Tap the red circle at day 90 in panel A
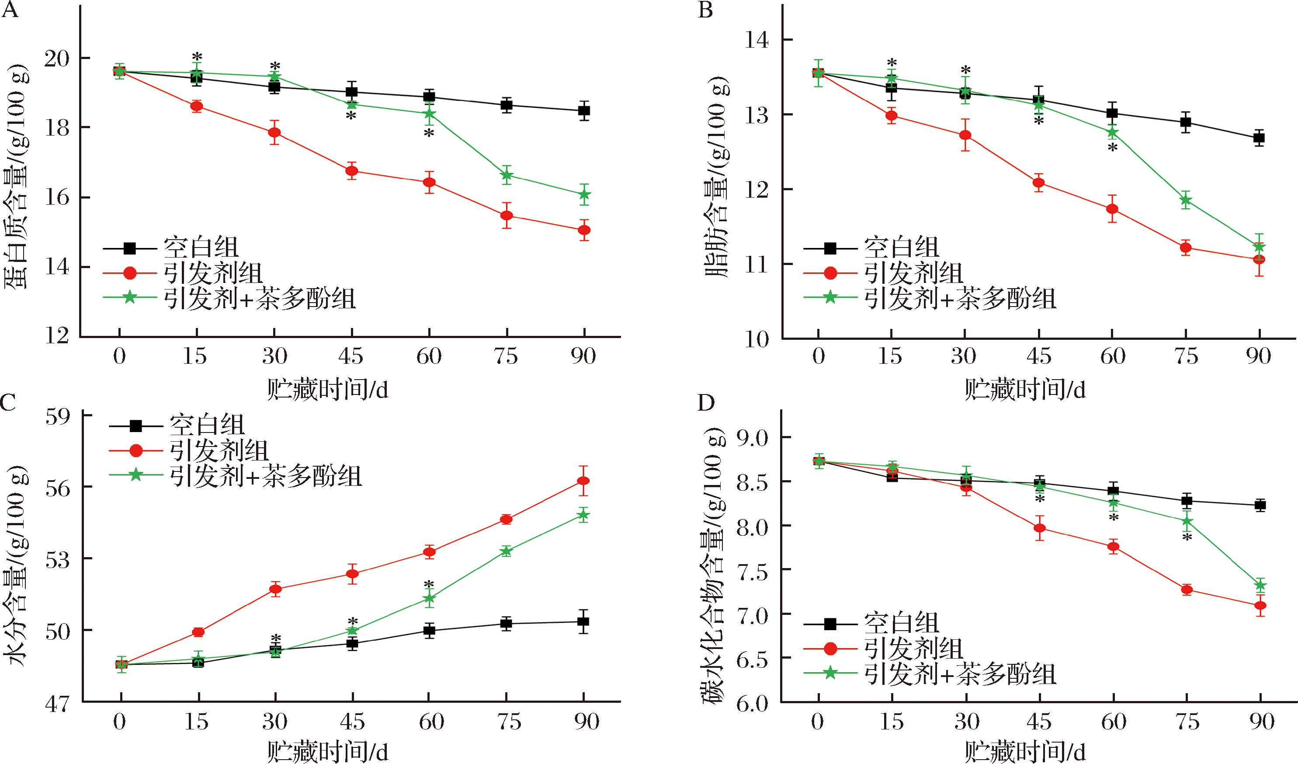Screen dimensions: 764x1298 pyautogui.click(x=584, y=230)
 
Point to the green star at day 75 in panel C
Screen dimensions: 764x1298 pyautogui.click(x=507, y=551)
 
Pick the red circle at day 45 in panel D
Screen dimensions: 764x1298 pyautogui.click(x=1039, y=528)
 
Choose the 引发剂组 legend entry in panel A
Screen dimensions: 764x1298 pyautogui.click(x=213, y=273)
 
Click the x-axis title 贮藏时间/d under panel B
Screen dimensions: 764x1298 pyautogui.click(x=1025, y=390)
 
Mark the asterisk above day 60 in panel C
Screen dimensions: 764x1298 pyautogui.click(x=429, y=585)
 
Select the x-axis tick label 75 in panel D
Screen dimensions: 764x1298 pyautogui.click(x=1187, y=722)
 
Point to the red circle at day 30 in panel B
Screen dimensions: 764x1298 pyautogui.click(x=965, y=135)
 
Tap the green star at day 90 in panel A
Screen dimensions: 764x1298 pyautogui.click(x=584, y=194)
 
